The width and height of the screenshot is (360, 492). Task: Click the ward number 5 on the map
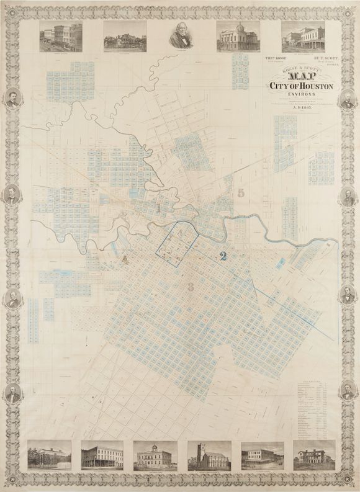pos(240,193)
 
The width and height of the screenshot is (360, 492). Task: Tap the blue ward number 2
pos(223,255)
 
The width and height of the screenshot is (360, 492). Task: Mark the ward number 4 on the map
pos(126,260)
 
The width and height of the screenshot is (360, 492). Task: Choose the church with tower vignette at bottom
pos(208,455)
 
